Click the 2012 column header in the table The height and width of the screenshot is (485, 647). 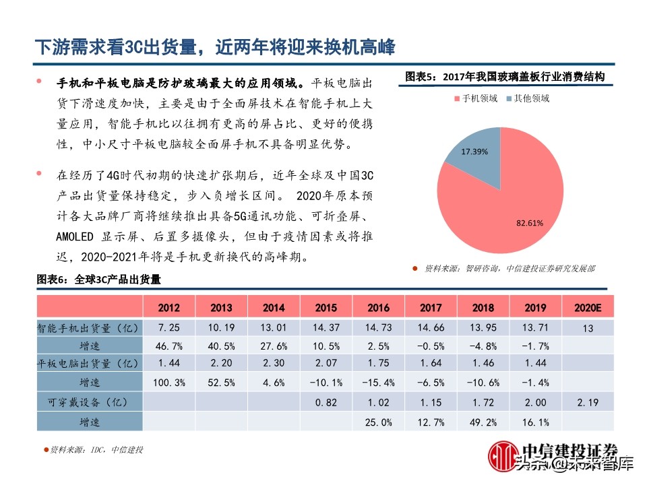pyautogui.click(x=168, y=307)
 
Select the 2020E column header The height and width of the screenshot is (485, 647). pyautogui.click(x=587, y=307)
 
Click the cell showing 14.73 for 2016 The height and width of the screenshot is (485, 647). pyautogui.click(x=378, y=327)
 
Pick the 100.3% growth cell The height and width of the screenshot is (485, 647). pyautogui.click(x=168, y=383)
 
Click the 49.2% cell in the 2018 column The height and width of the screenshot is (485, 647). pyautogui.click(x=483, y=422)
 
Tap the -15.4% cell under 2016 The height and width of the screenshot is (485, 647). pyautogui.click(x=378, y=383)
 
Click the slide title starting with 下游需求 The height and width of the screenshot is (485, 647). pyautogui.click(x=215, y=47)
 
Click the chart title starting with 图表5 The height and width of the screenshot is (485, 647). pyautogui.click(x=505, y=77)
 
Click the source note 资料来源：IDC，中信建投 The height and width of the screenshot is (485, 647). pyautogui.click(x=97, y=450)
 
